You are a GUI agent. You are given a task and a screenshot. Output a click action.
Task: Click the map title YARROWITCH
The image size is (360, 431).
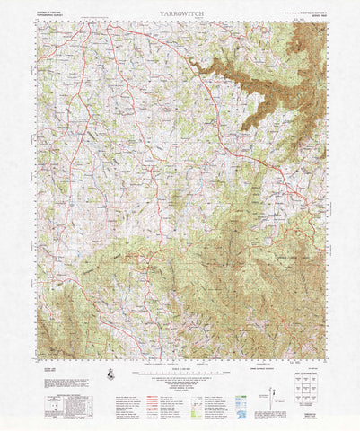[x=180, y=15]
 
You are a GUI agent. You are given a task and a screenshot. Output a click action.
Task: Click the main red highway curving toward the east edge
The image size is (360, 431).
[x=269, y=162]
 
